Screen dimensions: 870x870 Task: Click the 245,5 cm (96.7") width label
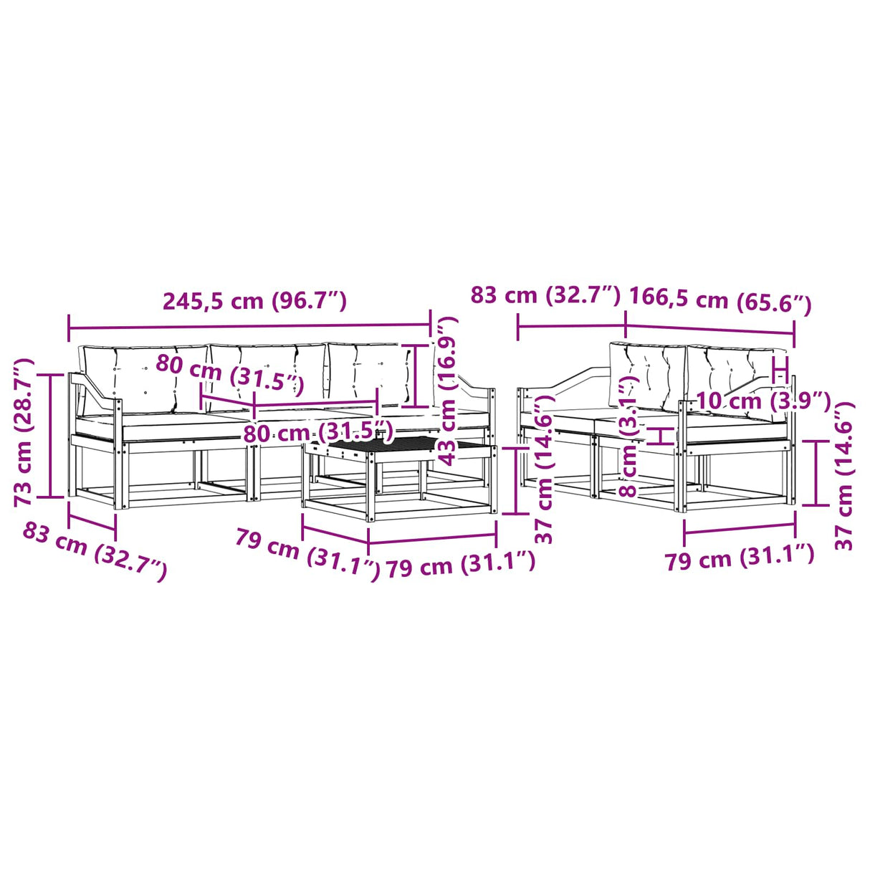click(x=254, y=301)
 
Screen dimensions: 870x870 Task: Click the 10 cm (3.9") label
click(x=763, y=401)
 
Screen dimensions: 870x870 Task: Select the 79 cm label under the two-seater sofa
click(x=740, y=560)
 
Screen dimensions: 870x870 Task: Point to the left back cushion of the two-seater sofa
click(x=646, y=375)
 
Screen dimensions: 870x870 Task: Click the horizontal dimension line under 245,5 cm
click(x=249, y=325)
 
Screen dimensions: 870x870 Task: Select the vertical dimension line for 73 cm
click(x=51, y=436)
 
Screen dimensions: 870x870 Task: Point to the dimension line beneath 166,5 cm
click(x=709, y=329)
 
